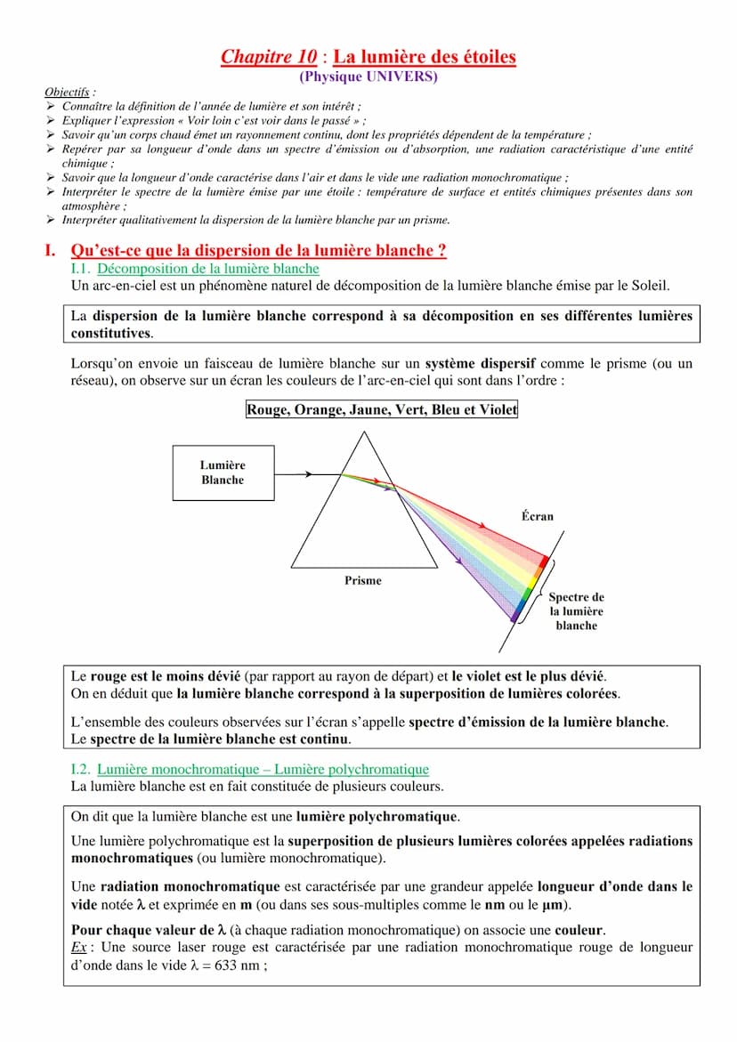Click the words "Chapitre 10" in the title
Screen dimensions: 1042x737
click(x=268, y=58)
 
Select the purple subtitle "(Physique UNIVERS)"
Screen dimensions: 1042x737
click(x=368, y=77)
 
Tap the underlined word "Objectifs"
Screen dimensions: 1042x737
click(x=69, y=92)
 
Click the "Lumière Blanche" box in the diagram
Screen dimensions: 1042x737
click(x=222, y=473)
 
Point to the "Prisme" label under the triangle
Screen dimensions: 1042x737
click(x=362, y=581)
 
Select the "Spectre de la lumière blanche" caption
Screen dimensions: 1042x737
click(x=576, y=611)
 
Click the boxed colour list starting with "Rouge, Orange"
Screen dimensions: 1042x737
click(x=381, y=410)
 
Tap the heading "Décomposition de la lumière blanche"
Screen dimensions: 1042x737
click(x=207, y=269)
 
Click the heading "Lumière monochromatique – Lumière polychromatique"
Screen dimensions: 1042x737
click(x=263, y=769)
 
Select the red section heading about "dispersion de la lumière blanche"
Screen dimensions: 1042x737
click(x=258, y=251)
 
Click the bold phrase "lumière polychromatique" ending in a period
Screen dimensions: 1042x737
click(x=377, y=816)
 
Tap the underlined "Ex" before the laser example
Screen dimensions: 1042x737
click(x=77, y=948)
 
